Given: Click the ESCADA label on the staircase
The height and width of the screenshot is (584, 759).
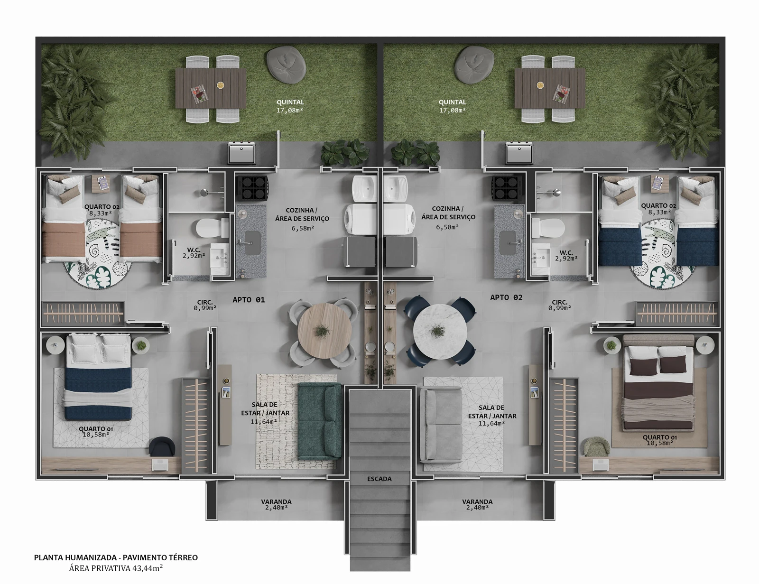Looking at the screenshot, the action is [379, 479].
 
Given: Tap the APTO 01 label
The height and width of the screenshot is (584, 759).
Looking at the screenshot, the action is [249, 300].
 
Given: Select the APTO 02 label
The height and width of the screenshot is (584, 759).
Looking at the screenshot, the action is [506, 297].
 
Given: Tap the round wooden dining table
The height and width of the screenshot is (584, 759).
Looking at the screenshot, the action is [324, 331].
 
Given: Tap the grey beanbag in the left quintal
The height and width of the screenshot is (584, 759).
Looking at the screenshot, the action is [287, 65].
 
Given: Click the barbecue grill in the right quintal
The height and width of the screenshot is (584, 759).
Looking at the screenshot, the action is [519, 153].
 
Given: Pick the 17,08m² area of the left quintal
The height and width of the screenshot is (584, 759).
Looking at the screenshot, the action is [289, 111].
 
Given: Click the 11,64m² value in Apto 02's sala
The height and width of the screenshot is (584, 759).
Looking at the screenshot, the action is [492, 423].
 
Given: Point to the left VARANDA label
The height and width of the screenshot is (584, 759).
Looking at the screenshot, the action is [276, 501].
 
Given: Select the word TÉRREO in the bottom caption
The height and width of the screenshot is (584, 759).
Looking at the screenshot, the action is [182, 557].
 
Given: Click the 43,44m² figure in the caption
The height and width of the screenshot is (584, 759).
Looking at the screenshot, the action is [148, 568].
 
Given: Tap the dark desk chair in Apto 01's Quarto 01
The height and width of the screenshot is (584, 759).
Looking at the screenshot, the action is [162, 446].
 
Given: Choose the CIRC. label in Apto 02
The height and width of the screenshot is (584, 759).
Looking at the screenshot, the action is [560, 302].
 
